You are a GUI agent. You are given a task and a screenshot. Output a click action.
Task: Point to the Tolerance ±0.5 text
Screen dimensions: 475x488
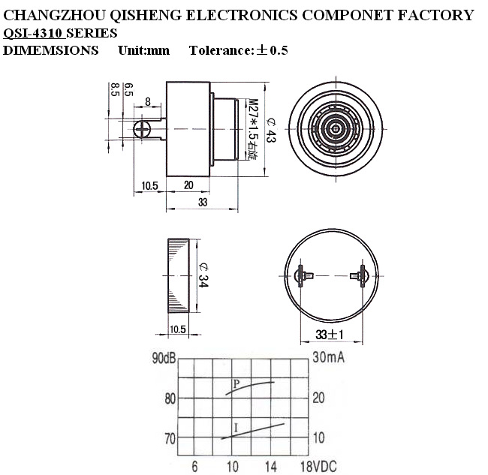[x=238, y=51]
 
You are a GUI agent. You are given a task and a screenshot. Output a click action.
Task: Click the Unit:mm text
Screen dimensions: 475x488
[x=143, y=51]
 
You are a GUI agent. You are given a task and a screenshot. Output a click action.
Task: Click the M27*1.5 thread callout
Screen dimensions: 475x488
[x=252, y=130]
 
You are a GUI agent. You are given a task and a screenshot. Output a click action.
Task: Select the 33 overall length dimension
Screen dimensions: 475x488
[x=203, y=203]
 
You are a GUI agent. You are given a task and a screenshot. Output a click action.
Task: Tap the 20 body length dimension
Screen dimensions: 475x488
[x=188, y=185]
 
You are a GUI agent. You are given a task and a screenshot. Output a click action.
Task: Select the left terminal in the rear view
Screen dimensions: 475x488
[x=302, y=275]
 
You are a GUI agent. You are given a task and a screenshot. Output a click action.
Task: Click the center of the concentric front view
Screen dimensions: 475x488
[x=330, y=129]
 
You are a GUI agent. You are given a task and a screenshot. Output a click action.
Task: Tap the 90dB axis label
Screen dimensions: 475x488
[x=164, y=357]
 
